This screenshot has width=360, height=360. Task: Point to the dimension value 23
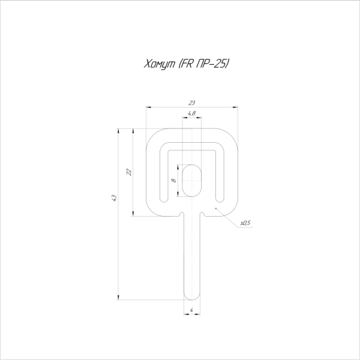point(192,103)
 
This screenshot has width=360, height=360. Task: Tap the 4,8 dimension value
point(192,113)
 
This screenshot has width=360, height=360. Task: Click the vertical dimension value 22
point(128,172)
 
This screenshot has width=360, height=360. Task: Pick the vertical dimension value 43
point(114,198)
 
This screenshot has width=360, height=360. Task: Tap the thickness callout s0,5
point(244,223)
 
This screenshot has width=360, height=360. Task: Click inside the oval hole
point(192,179)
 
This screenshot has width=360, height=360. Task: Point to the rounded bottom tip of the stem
point(192,298)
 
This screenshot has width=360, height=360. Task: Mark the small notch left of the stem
point(181,214)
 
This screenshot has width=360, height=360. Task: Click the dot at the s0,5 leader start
point(215,206)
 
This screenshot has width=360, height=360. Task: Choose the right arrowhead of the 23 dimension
point(236,107)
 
